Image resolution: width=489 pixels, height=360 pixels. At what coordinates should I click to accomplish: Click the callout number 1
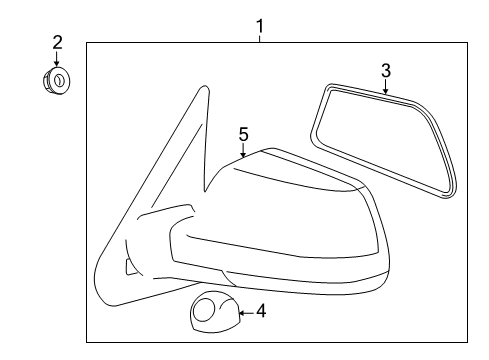pyautogui.click(x=260, y=26)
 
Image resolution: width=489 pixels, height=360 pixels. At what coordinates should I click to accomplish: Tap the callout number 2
pyautogui.click(x=57, y=43)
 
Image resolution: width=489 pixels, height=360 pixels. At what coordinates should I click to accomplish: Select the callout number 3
pyautogui.click(x=386, y=71)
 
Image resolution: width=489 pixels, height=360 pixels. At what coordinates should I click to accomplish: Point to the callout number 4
pyautogui.click(x=261, y=311)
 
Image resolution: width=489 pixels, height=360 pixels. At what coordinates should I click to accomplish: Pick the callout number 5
pyautogui.click(x=244, y=135)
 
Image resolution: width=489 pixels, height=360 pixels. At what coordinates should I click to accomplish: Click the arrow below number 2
pyautogui.click(x=57, y=59)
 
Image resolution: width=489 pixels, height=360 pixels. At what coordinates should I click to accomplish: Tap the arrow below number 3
pyautogui.click(x=386, y=87)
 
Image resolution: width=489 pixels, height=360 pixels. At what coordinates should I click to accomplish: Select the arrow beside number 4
pyautogui.click(x=246, y=313)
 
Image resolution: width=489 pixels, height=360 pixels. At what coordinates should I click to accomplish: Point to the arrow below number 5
pyautogui.click(x=243, y=150)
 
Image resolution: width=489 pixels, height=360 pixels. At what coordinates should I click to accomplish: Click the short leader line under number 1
pyautogui.click(x=260, y=39)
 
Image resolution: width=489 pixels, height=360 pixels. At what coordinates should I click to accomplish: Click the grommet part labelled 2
pyautogui.click(x=56, y=81)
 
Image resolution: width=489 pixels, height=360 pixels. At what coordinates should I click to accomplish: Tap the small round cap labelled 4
pyautogui.click(x=215, y=312)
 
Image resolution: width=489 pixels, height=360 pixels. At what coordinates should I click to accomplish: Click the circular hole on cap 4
pyautogui.click(x=204, y=310)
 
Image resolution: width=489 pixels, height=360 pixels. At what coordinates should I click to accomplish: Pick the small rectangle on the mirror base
pyautogui.click(x=131, y=267)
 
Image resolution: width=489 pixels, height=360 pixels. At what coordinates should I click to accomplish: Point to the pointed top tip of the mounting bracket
pyautogui.click(x=204, y=86)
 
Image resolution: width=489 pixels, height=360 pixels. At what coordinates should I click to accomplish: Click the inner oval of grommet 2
pyautogui.click(x=59, y=80)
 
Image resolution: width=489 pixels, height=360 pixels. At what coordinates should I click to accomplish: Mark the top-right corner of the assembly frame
pyautogui.click(x=467, y=43)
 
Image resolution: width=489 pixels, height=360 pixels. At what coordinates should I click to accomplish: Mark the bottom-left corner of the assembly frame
pyautogui.click(x=87, y=342)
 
